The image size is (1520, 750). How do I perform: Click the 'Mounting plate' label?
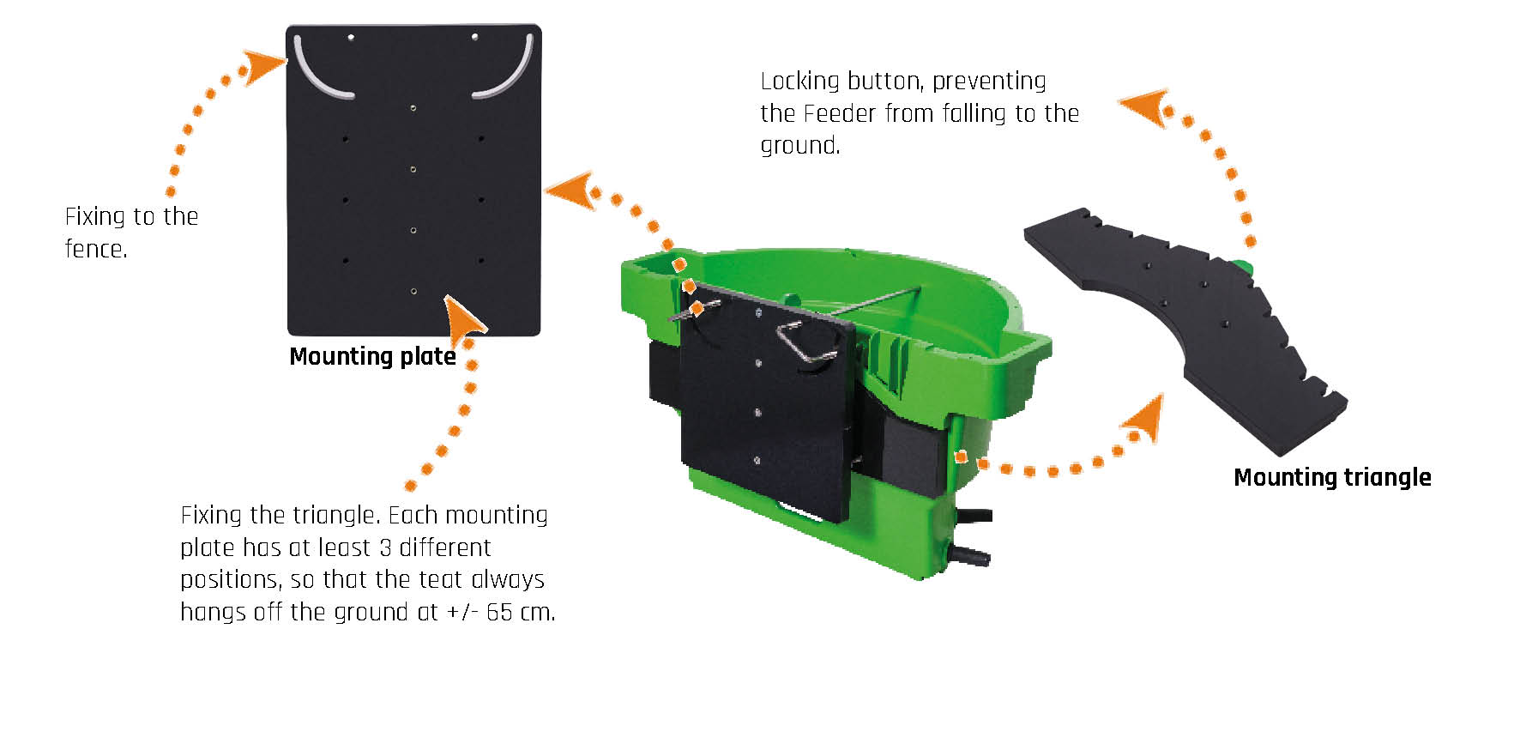[x=372, y=356]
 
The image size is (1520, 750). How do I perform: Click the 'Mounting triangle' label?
[x=1332, y=477]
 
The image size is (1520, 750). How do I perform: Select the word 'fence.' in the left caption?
[x=96, y=249]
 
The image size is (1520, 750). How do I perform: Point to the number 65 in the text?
[x=499, y=612]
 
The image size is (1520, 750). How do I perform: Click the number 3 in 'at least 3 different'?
[x=385, y=547]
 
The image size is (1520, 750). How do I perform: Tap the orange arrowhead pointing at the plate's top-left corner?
[x=262, y=67]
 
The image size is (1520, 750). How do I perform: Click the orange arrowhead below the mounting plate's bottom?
[x=464, y=317]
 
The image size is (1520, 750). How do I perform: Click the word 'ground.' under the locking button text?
[x=800, y=146]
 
